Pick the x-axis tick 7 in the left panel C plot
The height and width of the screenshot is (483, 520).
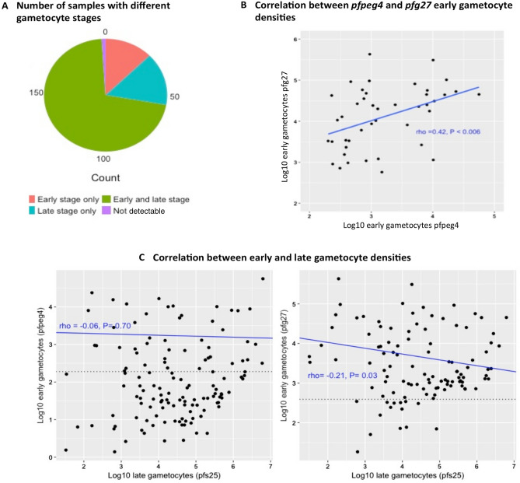click(270, 465)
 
